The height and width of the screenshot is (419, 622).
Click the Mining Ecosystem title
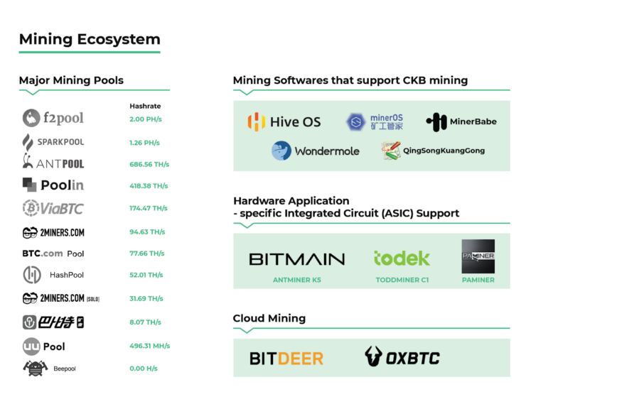pos(90,39)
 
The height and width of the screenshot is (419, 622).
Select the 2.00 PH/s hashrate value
pos(146,119)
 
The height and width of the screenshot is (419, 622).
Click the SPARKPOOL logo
pos(53,142)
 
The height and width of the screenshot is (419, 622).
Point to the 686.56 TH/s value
pos(149,164)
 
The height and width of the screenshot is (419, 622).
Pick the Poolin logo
pos(53,185)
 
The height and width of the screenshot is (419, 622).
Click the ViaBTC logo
pos(54,208)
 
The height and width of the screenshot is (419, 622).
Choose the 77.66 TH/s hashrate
pos(147,253)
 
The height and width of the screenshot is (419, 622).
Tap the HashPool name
pos(67,275)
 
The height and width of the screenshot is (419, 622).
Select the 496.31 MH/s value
pos(149,346)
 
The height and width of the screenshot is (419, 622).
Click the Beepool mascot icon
pos(35,368)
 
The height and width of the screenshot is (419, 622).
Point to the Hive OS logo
pos(284,122)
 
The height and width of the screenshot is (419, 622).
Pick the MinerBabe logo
pos(461,121)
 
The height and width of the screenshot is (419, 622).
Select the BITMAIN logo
pos(296,259)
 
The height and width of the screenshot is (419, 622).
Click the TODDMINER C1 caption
pos(402,280)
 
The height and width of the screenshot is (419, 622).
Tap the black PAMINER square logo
pos(478,256)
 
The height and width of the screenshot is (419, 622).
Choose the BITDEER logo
pos(286,358)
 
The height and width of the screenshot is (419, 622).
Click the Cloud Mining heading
pos(269,318)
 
